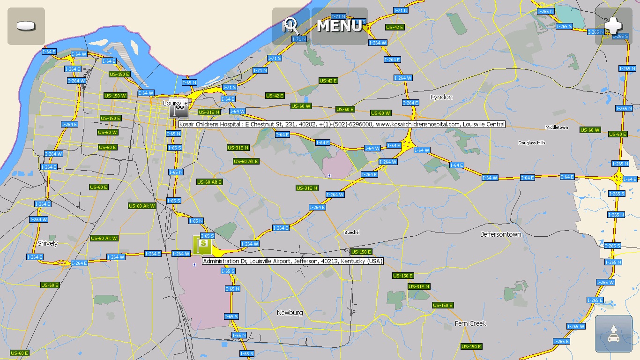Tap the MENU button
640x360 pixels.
pyautogui.click(x=339, y=26)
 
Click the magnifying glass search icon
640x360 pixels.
pyautogui.click(x=290, y=26)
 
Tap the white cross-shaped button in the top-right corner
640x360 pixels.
pyautogui.click(x=613, y=26)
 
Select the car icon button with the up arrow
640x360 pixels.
pyautogui.click(x=613, y=334)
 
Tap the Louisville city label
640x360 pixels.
pyautogui.click(x=175, y=103)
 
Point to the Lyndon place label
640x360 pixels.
pyautogui.click(x=441, y=97)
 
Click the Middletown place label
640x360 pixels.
pyautogui.click(x=557, y=127)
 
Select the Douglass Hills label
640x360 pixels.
pyautogui.click(x=532, y=142)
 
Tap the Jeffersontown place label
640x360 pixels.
pyautogui.click(x=501, y=234)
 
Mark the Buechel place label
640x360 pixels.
pyautogui.click(x=352, y=232)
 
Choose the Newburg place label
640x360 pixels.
pyautogui.click(x=290, y=313)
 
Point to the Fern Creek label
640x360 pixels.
pyautogui.click(x=470, y=323)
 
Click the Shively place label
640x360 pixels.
pyautogui.click(x=47, y=243)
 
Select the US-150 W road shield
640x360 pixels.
pyautogui.click(x=115, y=96)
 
